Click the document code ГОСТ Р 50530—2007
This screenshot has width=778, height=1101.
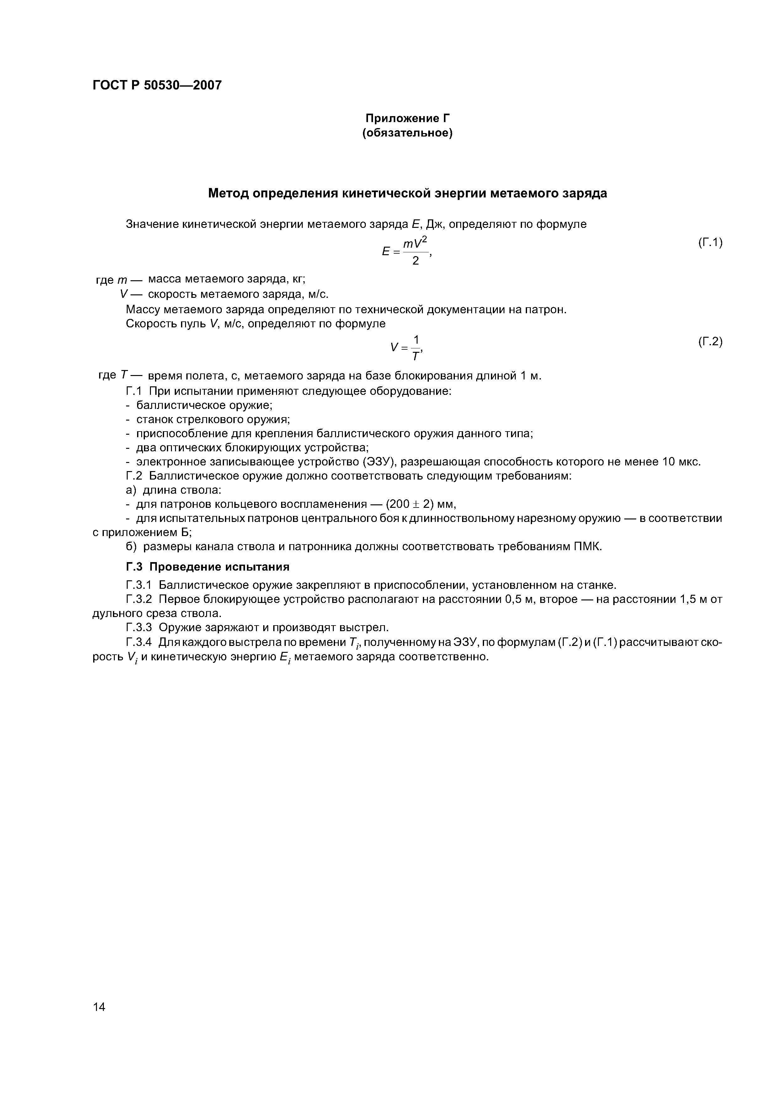pos(157,85)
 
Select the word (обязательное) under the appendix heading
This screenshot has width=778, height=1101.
pos(408,133)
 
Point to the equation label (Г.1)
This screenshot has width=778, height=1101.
pos(709,243)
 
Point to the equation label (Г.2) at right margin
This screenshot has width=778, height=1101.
pos(709,341)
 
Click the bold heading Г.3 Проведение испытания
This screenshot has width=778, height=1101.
pos(208,567)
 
